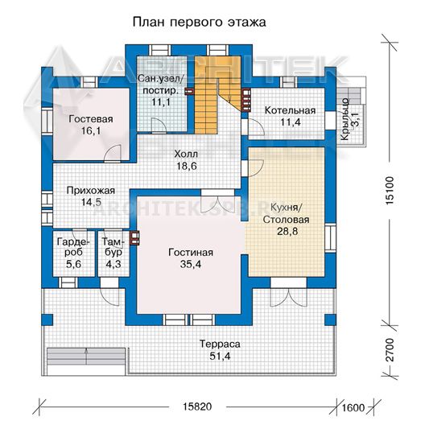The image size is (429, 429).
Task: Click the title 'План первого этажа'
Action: coord(199,23)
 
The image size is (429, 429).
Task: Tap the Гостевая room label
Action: coord(91,119)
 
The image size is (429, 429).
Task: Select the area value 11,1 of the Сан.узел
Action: coord(161,102)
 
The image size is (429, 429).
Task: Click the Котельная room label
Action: coord(290,110)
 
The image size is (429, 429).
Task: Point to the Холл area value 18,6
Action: coord(187,166)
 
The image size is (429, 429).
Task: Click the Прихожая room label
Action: coord(91,191)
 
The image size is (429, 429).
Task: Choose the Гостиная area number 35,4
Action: coord(191,264)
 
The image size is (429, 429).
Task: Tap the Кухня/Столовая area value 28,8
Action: coord(287,231)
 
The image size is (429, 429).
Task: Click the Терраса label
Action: coord(220,344)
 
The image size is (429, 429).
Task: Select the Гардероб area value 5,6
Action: coord(73,264)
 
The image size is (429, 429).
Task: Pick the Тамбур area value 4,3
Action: coord(113,264)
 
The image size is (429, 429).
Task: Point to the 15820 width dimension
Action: coord(197,406)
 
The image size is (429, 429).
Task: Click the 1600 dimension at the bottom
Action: coord(353,407)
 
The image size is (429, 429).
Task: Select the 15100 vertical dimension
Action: coord(390,191)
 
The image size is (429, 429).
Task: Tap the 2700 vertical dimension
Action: coord(390,350)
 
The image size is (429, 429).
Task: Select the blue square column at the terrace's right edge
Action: coord(330,320)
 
